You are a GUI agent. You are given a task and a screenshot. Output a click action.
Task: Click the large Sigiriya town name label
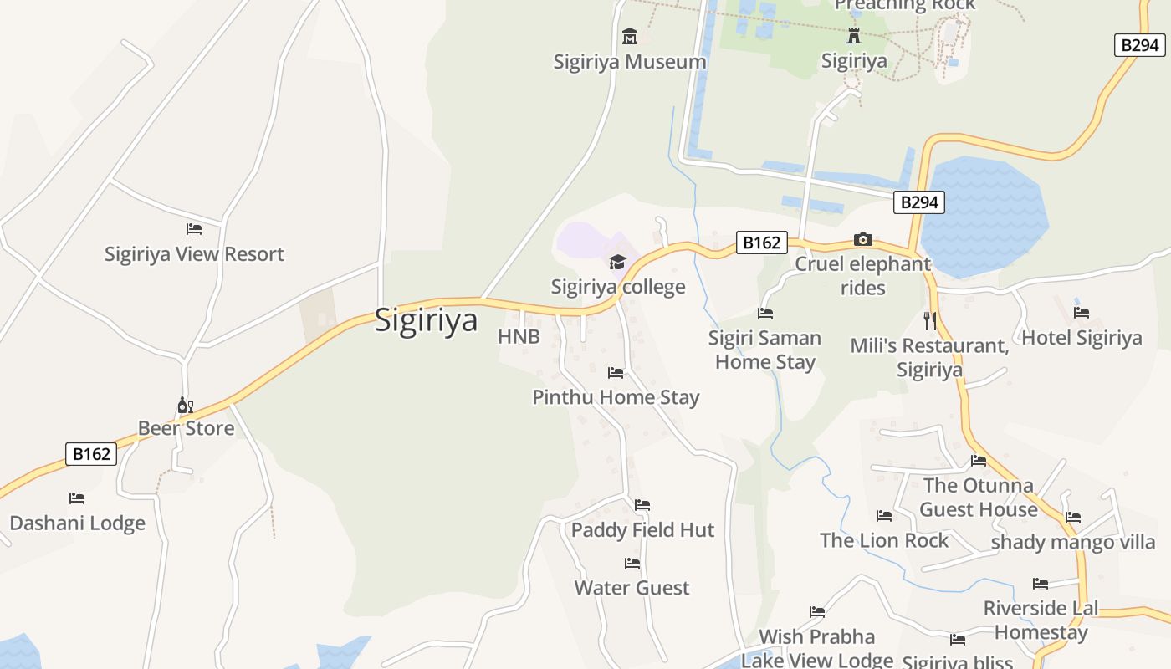point(426,320)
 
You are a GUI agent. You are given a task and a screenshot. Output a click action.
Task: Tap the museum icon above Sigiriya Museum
point(630,37)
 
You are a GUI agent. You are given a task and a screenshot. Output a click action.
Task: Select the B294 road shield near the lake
point(918,202)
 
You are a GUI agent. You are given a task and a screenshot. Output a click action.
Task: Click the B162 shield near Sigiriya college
point(761,243)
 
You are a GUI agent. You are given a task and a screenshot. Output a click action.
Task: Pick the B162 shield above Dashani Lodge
point(91,454)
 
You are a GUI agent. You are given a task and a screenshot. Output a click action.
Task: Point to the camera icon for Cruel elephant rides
point(863,240)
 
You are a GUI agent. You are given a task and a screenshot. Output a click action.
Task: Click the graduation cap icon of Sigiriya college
point(617,263)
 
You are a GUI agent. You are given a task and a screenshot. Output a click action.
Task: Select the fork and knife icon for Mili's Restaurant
point(929,320)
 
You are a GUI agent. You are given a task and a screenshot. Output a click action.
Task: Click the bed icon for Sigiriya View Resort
point(194,229)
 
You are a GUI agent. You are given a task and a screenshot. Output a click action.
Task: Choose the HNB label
point(519,337)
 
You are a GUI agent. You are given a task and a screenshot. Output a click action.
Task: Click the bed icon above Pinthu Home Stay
point(616,373)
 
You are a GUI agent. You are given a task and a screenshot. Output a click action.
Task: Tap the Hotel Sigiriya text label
point(1082,338)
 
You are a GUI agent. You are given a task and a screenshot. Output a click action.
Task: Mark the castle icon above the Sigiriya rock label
point(853,36)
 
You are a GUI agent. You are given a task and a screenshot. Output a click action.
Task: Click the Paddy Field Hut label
point(642,530)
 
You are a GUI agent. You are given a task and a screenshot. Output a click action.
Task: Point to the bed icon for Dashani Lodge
point(77,498)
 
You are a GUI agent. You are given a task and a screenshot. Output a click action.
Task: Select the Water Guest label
point(632,588)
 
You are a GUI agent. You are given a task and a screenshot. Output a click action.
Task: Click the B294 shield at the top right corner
point(1139,45)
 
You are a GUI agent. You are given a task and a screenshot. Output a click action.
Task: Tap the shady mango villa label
point(1073,542)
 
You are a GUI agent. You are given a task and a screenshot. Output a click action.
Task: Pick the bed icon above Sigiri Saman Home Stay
point(764,314)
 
